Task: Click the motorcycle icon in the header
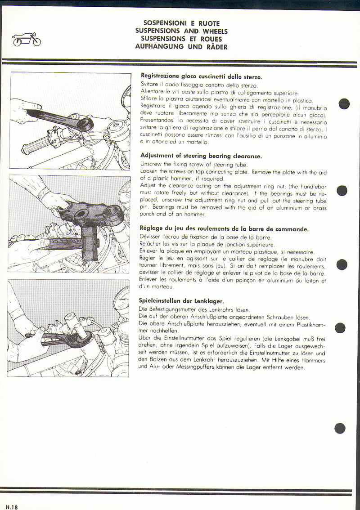(x=27, y=40)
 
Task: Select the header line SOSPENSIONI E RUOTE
(x=181, y=23)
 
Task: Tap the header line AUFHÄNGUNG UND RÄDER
(x=181, y=47)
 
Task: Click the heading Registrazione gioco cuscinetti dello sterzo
(x=201, y=77)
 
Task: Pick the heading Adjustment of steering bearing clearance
(x=201, y=156)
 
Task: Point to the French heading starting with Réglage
(x=224, y=229)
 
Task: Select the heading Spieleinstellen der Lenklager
(x=182, y=301)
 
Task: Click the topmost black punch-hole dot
(x=344, y=104)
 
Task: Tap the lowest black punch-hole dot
(x=340, y=428)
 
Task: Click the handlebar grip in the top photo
(x=37, y=145)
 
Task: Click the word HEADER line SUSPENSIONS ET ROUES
(x=181, y=39)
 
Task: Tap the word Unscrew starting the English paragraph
(x=153, y=164)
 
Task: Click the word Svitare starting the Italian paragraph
(x=152, y=85)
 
